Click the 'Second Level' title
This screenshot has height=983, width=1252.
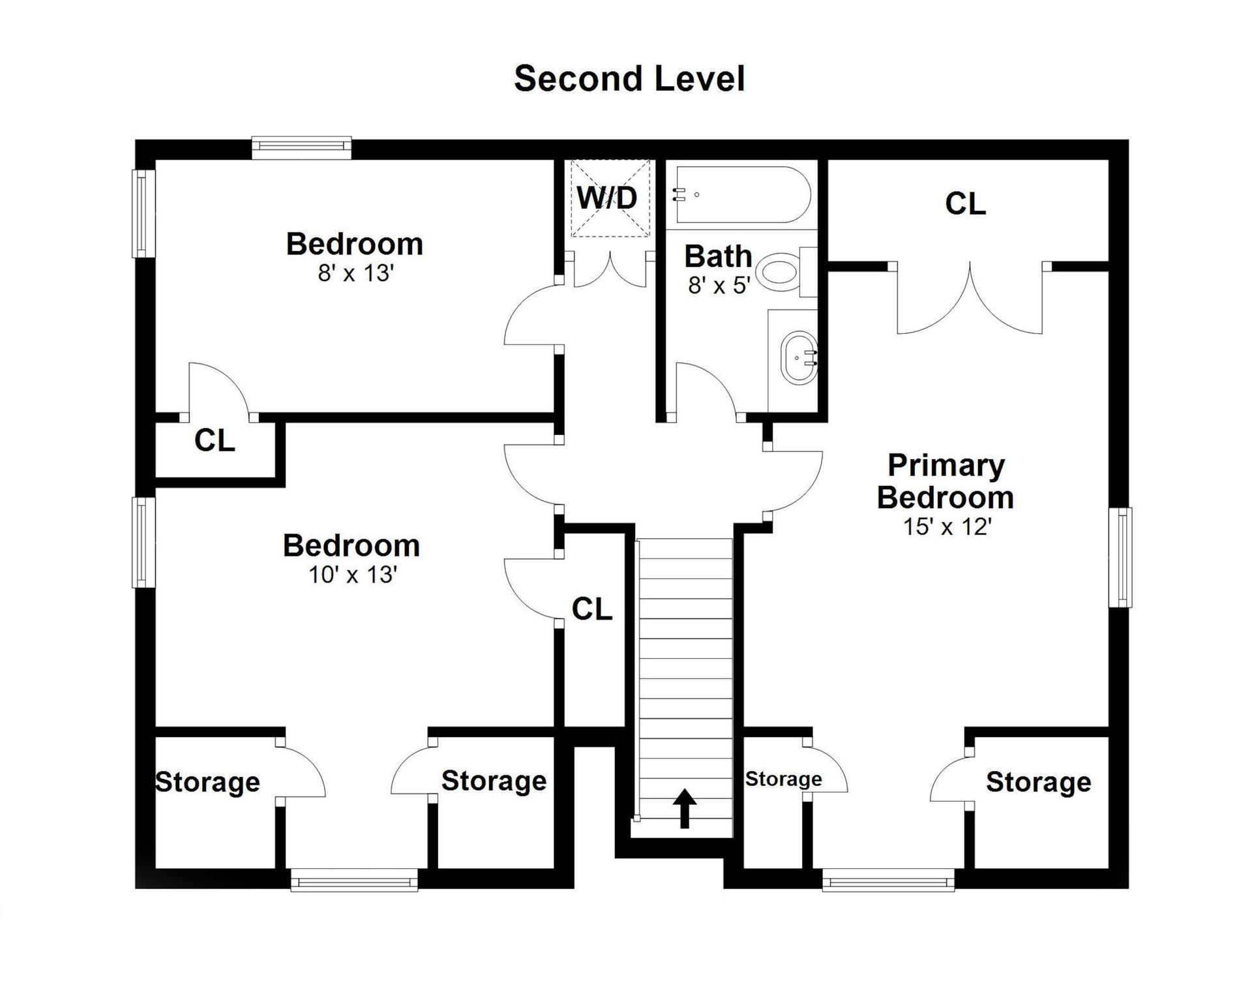629,79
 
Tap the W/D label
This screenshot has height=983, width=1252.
607,198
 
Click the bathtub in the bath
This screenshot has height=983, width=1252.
742,194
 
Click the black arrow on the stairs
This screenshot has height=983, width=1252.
684,808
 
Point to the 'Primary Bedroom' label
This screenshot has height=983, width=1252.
946,481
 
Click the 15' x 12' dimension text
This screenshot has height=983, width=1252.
947,526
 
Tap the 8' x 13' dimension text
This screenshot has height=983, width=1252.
356,273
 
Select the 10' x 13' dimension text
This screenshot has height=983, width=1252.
353,575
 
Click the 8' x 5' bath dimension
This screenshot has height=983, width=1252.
719,285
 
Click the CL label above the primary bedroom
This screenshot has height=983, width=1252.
965,204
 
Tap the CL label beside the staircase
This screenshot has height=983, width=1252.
592,609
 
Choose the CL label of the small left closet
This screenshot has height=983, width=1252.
215,441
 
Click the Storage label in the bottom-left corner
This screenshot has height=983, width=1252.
208,782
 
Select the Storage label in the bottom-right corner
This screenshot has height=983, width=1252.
1038,782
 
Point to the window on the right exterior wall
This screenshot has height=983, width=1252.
1120,558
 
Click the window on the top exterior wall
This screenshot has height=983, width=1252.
302,148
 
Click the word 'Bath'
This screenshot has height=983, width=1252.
718,256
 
